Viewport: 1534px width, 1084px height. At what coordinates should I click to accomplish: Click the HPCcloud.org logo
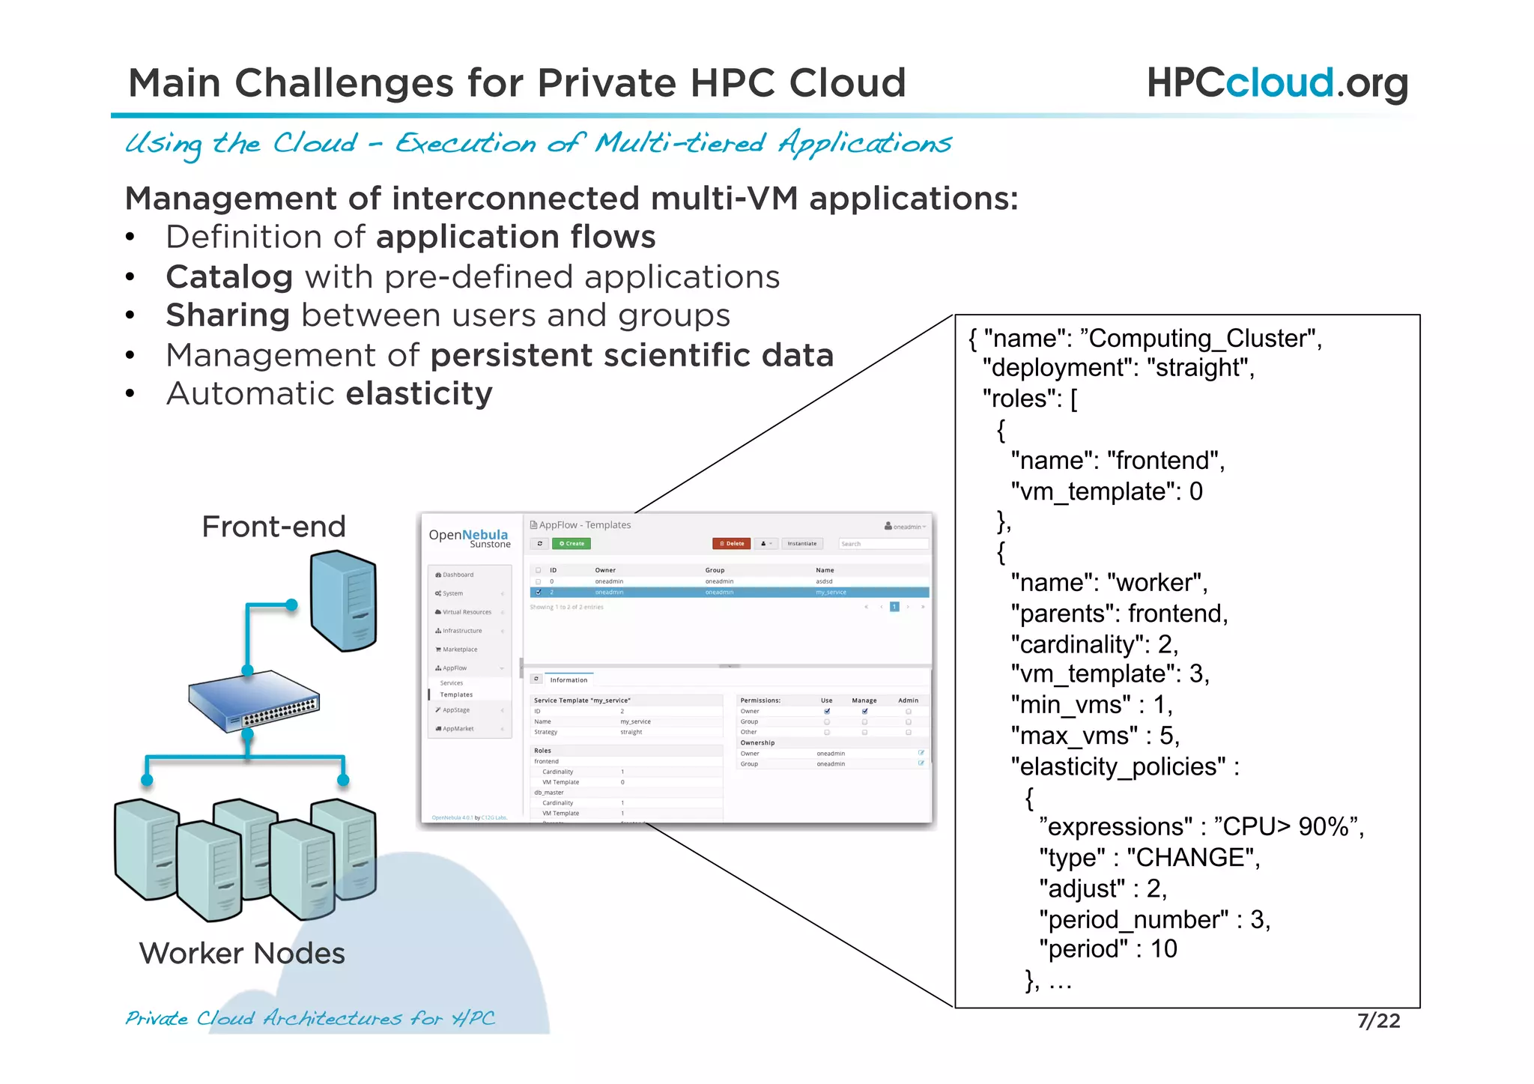tap(1276, 82)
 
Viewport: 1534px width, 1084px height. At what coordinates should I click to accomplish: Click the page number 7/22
tap(1378, 1021)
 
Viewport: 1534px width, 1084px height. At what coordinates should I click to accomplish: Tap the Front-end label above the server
tap(273, 527)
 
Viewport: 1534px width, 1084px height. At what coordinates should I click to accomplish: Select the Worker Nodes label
tap(242, 953)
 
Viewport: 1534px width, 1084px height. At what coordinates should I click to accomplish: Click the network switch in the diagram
tap(253, 699)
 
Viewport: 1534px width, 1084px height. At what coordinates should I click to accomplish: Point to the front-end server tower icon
tap(344, 600)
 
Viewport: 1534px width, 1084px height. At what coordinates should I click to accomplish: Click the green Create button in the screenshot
tap(572, 544)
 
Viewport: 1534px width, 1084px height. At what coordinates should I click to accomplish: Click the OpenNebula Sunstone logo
tap(469, 538)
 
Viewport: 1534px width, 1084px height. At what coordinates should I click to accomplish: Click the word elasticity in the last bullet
tap(419, 393)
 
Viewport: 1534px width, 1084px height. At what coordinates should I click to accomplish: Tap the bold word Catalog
tap(229, 277)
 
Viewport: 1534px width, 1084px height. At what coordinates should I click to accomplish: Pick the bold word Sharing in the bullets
tap(228, 315)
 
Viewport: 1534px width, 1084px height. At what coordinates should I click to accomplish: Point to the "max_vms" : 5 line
tap(1094, 736)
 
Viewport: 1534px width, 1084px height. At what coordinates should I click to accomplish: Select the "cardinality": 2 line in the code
tap(1094, 644)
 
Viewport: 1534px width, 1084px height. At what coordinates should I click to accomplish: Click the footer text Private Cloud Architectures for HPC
tap(310, 1019)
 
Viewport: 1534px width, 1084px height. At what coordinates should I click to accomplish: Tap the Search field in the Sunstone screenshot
tap(882, 544)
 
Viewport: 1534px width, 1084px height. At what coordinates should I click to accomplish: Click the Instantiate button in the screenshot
tap(801, 544)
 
